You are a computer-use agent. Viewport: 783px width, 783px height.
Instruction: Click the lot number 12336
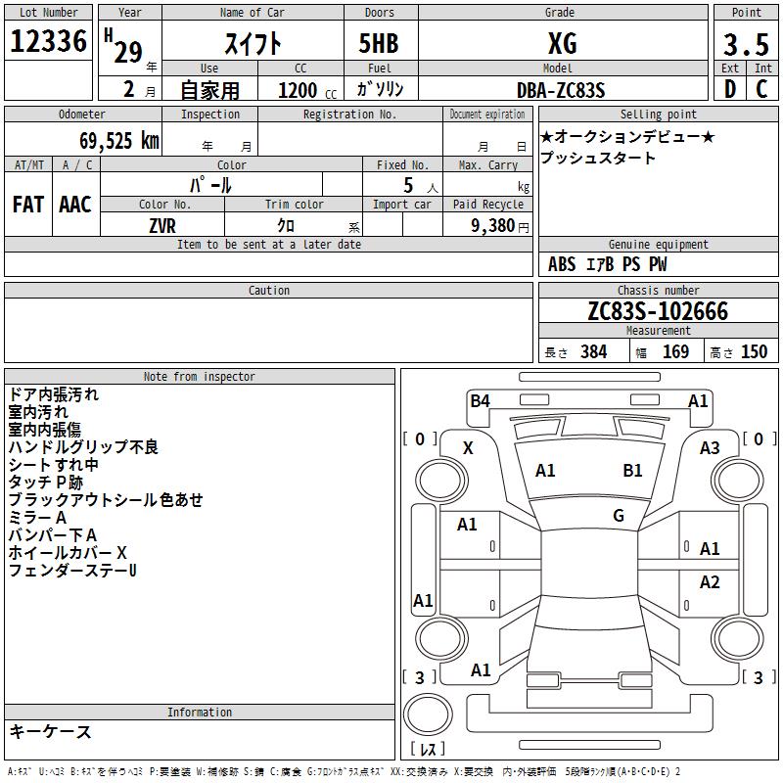pos(48,41)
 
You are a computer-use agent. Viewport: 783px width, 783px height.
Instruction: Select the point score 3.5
pos(746,44)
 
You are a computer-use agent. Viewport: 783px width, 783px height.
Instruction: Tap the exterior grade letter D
pos(729,89)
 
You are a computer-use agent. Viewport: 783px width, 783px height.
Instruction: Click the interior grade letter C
pos(761,89)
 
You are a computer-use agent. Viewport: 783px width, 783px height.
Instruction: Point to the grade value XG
pos(562,43)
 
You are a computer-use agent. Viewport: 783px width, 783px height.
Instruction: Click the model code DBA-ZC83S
pos(561,90)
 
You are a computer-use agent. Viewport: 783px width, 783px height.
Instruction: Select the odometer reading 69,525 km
pos(119,140)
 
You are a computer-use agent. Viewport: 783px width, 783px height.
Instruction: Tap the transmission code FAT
pos(28,205)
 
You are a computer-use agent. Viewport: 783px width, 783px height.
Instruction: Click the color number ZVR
pos(162,226)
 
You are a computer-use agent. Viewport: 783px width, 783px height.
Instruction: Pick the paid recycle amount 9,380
pos(493,226)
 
